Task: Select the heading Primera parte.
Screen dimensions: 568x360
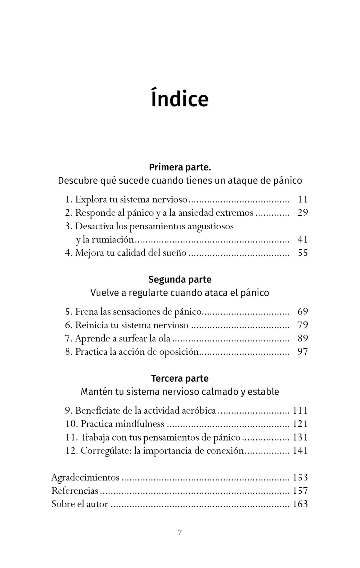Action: click(x=180, y=167)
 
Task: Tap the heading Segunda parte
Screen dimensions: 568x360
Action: click(x=180, y=280)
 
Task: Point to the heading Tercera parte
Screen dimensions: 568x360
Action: click(x=180, y=378)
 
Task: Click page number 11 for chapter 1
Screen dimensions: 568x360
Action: click(x=303, y=199)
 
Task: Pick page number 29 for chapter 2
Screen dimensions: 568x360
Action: click(x=303, y=213)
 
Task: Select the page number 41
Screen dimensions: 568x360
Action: click(x=303, y=239)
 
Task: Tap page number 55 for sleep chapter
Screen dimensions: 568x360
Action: click(x=303, y=253)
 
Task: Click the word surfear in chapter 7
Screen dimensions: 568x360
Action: click(x=132, y=338)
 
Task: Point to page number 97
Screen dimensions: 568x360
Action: click(x=303, y=352)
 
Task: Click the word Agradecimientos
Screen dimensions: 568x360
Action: click(x=85, y=477)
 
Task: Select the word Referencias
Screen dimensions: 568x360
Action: click(x=75, y=491)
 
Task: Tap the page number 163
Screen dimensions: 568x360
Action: click(x=300, y=504)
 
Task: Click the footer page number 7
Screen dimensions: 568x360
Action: click(x=180, y=533)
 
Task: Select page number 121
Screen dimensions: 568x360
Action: click(x=300, y=424)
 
